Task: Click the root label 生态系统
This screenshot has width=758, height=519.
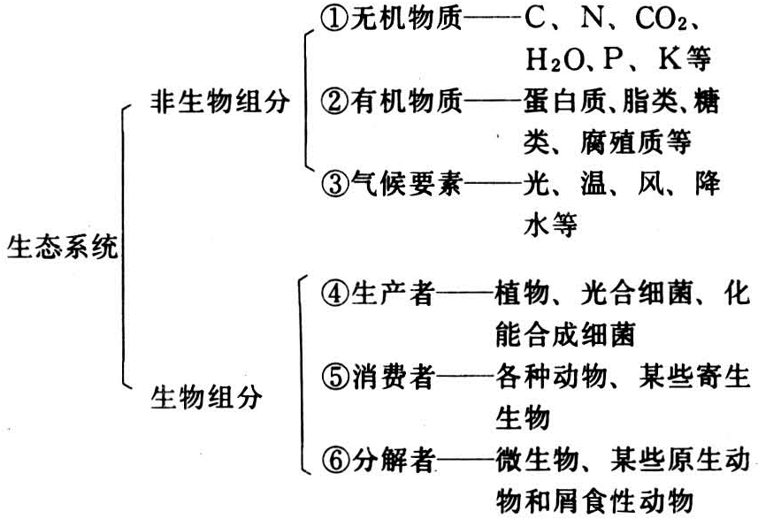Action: (x=63, y=246)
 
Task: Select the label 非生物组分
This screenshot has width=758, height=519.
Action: (x=220, y=102)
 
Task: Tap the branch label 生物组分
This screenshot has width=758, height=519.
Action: (x=206, y=398)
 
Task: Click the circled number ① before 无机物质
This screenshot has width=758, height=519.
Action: (x=334, y=19)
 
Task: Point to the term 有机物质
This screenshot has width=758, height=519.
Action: (x=407, y=102)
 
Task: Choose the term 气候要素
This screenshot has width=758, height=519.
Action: (x=407, y=184)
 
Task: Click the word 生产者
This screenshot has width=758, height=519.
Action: (x=393, y=294)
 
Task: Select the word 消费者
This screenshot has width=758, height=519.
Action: (x=393, y=377)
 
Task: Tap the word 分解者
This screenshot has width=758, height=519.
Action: (x=393, y=460)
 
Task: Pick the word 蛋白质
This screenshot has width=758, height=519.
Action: (x=564, y=102)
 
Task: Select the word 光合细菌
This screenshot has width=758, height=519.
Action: (x=637, y=294)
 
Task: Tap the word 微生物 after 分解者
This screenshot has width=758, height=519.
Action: (x=538, y=460)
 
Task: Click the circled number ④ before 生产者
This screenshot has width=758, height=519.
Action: (x=334, y=294)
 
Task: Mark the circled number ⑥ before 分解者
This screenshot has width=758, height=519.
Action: (x=334, y=460)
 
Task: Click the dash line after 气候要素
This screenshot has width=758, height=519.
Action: (x=493, y=184)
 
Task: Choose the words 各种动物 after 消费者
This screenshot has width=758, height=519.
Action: (x=551, y=377)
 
